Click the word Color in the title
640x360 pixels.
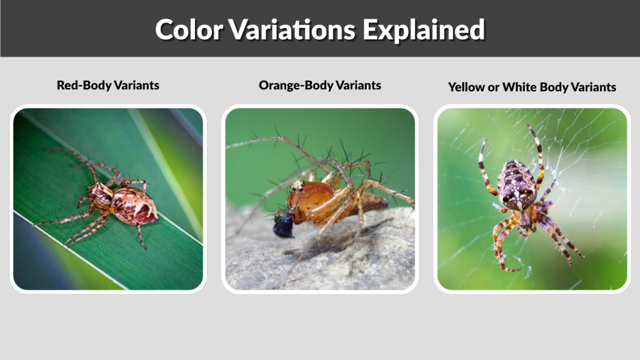189,29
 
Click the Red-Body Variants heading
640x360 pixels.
108,85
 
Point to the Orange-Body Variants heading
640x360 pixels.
320,85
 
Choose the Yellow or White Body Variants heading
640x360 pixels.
532,87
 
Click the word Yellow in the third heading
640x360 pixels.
465,87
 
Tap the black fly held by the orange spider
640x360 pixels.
282,224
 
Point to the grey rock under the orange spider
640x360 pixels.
325,262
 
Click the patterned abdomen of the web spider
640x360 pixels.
517,184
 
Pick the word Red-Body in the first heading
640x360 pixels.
82,85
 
